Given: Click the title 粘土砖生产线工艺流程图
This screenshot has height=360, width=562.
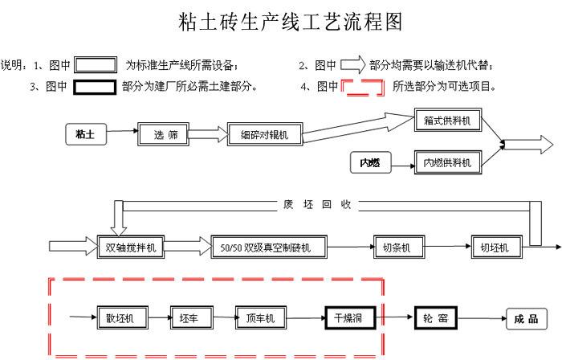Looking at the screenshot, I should point(290,22).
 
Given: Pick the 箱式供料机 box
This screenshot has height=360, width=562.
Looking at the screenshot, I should point(447,121).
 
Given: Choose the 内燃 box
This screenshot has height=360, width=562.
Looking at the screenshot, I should point(369,163).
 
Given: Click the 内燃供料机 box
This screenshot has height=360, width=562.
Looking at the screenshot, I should point(447,163).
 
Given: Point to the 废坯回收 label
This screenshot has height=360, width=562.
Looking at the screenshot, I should point(317,204).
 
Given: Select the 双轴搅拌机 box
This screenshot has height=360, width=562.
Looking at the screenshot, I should point(130,247).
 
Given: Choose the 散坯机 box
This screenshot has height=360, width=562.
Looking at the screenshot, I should point(120,318).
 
